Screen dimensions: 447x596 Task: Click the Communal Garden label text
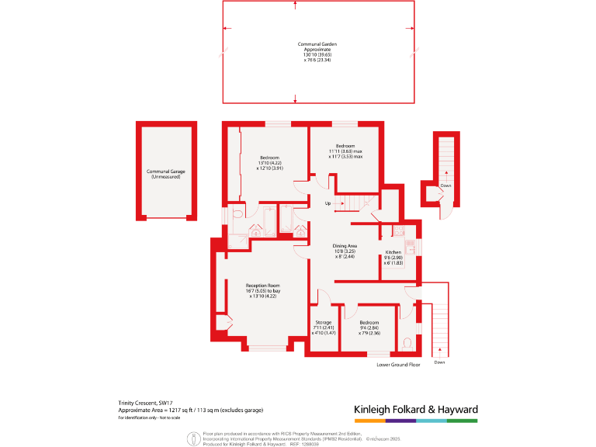317,44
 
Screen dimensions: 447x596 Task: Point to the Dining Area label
345,246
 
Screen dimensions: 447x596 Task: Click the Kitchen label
393,253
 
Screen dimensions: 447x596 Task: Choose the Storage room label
323,322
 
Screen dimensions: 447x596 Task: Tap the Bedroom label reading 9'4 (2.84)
369,322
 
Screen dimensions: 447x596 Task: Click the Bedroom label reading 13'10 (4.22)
269,158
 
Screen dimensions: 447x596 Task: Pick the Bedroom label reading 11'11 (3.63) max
345,146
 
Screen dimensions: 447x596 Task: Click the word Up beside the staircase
328,205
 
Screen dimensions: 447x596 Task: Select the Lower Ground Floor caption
398,364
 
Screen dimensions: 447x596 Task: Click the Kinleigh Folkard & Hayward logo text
415,409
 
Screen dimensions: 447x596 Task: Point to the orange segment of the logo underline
369,421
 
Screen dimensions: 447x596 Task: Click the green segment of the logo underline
462,421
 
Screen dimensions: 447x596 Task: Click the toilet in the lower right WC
408,343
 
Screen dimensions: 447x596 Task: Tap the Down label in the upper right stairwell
445,186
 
